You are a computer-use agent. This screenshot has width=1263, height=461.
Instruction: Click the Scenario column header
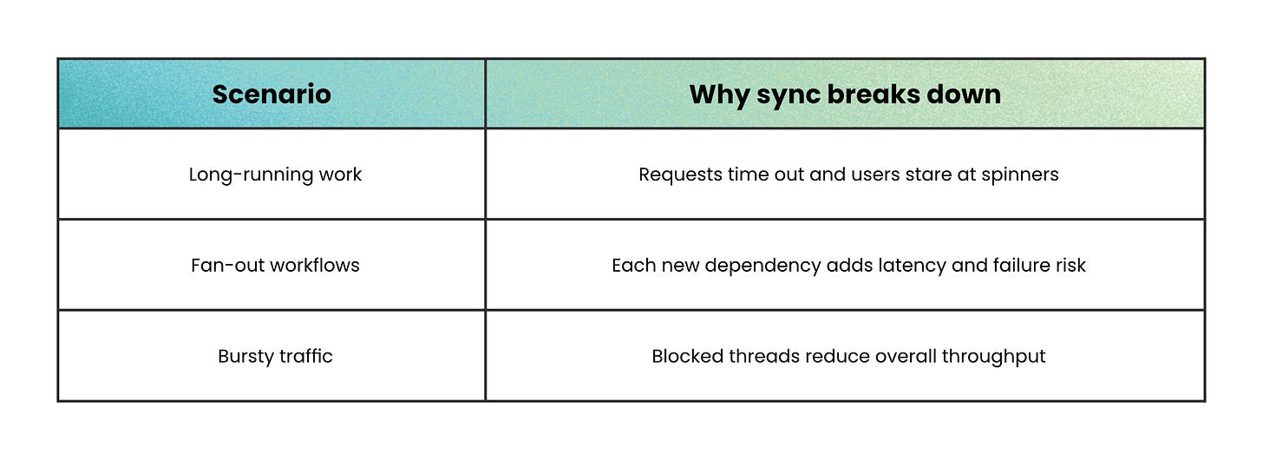[272, 94]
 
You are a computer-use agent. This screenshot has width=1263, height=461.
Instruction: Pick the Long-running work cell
[275, 175]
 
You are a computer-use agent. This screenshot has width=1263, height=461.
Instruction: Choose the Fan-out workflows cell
[275, 265]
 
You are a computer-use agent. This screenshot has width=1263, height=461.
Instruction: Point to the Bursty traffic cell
[275, 356]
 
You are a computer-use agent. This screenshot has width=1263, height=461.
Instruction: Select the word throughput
[994, 356]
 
